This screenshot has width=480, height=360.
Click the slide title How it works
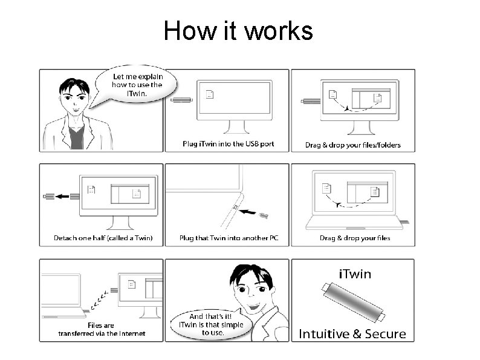click(x=238, y=30)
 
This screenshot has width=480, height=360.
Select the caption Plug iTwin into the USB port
click(x=228, y=144)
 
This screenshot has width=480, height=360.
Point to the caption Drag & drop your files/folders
click(x=353, y=145)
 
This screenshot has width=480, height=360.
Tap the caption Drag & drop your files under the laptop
click(x=355, y=238)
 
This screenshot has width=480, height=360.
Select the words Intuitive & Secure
click(x=353, y=333)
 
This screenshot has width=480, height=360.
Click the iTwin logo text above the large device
click(x=355, y=274)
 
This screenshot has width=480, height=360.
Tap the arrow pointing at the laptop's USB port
click(x=249, y=211)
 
